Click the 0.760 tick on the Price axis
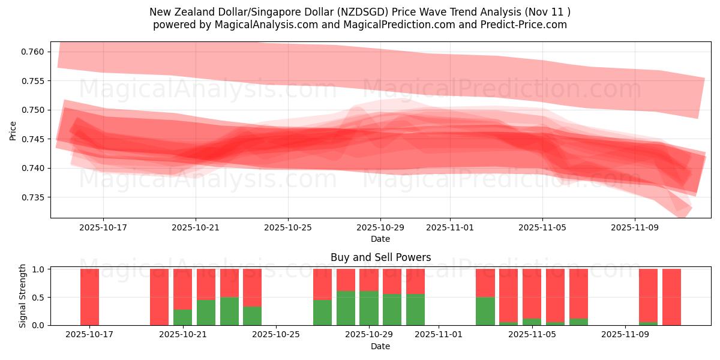(x=34, y=52)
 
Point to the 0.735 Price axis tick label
(x=34, y=197)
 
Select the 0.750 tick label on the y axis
(x=34, y=110)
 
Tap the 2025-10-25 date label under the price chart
(x=288, y=228)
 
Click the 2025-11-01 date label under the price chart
(x=450, y=228)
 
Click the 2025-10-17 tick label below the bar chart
(x=89, y=335)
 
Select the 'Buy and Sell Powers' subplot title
(x=380, y=257)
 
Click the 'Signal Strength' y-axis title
(x=23, y=296)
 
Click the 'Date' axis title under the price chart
(x=380, y=239)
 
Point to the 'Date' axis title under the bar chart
(x=380, y=346)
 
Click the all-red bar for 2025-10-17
(x=89, y=297)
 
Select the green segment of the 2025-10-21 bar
(x=183, y=317)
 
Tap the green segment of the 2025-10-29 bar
(x=369, y=308)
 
